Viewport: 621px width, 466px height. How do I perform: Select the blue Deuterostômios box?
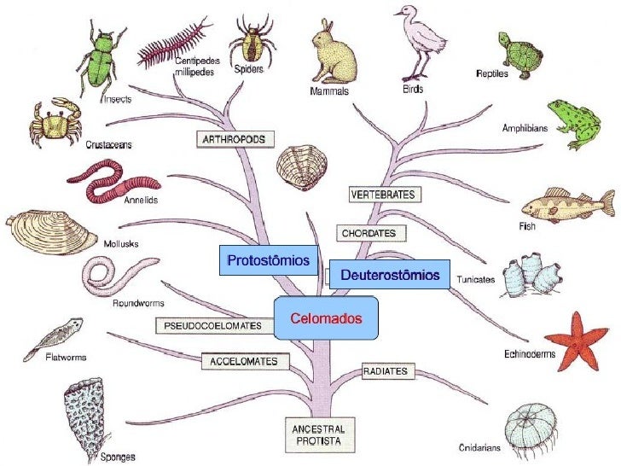[x=389, y=275]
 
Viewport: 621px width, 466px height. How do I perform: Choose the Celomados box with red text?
[x=326, y=318]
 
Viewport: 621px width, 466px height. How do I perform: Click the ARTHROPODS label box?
[x=231, y=137]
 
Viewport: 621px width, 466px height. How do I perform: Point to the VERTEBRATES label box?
[x=383, y=195]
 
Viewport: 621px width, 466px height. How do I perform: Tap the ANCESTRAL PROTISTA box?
[x=316, y=433]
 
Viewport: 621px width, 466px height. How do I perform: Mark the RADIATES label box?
[x=388, y=371]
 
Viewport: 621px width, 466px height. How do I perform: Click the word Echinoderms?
[x=529, y=353]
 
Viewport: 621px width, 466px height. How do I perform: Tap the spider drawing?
[x=250, y=38]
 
